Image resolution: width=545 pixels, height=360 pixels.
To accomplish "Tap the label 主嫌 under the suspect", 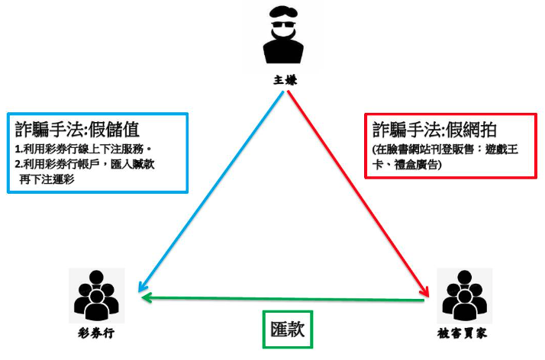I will coord(284,78).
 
